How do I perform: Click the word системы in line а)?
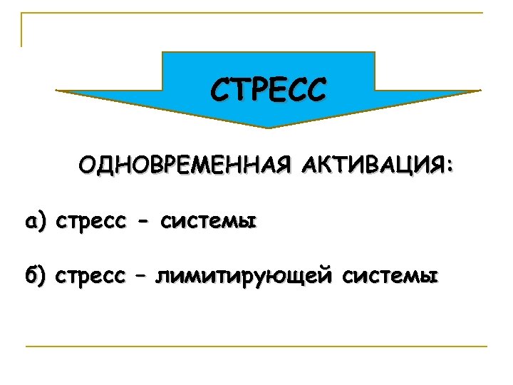208,223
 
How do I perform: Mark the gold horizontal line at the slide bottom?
256,346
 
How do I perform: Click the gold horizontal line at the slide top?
256,13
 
